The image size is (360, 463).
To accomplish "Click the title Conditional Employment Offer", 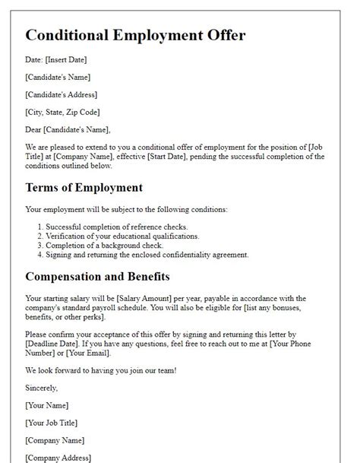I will pyautogui.click(x=135, y=36).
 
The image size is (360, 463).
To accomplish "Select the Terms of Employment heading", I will pyautogui.click(x=84, y=187).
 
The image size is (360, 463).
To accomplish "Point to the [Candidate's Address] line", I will pyautogui.click(x=61, y=95).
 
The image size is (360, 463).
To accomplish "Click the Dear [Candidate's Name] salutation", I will pyautogui.click(x=68, y=129).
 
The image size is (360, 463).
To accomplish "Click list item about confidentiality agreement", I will pyautogui.click(x=147, y=255).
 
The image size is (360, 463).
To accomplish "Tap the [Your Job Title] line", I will pyautogui.click(x=51, y=423).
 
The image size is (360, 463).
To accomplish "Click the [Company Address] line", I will pyautogui.click(x=58, y=458).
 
